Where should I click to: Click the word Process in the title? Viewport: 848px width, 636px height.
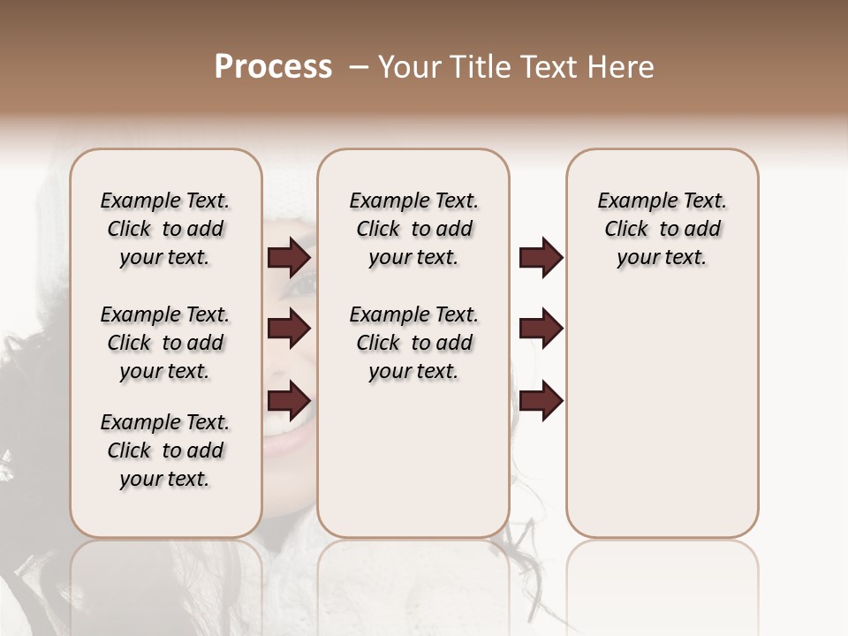[x=273, y=67]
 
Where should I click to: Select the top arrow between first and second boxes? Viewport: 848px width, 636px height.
[x=289, y=258]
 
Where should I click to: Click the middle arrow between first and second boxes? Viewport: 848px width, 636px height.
[x=289, y=329]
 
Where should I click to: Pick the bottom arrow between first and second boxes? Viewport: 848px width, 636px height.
[x=289, y=401]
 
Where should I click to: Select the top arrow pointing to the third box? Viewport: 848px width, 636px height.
[x=541, y=258]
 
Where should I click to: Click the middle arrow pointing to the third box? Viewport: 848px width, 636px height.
[x=541, y=329]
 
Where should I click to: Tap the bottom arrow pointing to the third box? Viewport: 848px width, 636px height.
[x=541, y=401]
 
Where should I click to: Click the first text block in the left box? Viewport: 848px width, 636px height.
[x=165, y=229]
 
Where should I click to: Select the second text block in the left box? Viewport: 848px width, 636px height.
[x=165, y=343]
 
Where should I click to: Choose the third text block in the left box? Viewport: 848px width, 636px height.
[x=165, y=450]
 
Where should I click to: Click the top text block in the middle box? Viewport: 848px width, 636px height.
[x=413, y=229]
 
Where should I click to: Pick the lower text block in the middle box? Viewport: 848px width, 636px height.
[x=413, y=343]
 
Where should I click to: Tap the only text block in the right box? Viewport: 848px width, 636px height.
[x=662, y=229]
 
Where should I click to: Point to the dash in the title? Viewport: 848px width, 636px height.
[x=360, y=67]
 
